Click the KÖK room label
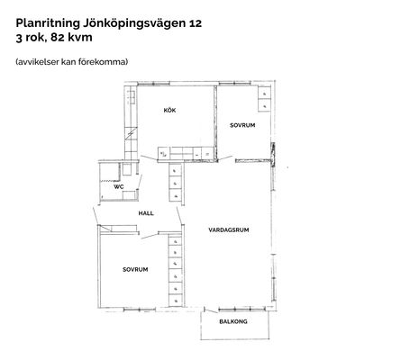pos(169,111)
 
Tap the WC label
pos(119,187)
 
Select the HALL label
pos(146,213)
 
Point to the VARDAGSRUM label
pos(229,230)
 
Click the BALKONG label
pos(233,321)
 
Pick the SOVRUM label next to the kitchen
pos(242,125)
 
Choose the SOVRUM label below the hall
pos(135,270)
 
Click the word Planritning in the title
pos(48,23)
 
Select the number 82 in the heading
pos(58,38)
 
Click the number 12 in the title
pos(196,23)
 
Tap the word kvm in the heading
pos(80,38)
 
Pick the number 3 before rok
pos(19,39)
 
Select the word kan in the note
pos(68,62)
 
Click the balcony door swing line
pos(211,310)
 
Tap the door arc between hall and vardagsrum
pos(179,216)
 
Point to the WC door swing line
pos(140,182)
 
